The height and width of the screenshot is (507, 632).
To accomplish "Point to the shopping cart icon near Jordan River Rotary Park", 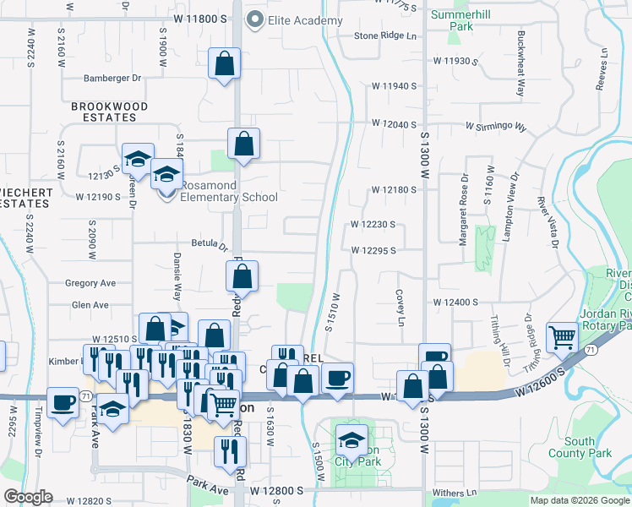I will [x=562, y=338].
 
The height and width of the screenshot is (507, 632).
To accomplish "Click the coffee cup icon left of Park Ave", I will [x=63, y=402].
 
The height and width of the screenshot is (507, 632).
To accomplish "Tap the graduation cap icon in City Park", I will [x=351, y=439].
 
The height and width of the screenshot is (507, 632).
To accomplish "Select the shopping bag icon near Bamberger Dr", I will [x=224, y=63].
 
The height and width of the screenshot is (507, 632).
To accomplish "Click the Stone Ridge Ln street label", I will [x=385, y=35].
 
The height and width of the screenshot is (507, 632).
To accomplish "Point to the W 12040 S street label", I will [x=395, y=123].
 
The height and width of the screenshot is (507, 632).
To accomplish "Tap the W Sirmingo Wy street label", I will [x=495, y=128].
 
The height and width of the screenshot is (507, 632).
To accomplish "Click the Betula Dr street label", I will [x=210, y=243].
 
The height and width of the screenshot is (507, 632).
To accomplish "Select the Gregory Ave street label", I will [x=90, y=283].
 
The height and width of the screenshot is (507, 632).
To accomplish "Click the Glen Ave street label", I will [x=90, y=304].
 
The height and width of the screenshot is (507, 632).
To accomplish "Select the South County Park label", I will [x=587, y=447].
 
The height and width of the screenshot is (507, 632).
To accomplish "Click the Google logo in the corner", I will [x=29, y=497].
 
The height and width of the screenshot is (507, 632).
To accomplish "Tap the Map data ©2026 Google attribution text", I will [x=579, y=500].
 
